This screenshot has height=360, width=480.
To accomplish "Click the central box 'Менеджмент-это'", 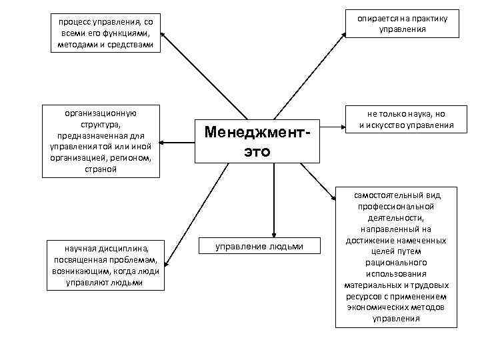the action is [x=258, y=141].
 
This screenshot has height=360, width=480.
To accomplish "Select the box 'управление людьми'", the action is [x=259, y=247].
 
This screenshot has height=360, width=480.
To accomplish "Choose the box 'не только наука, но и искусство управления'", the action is [x=406, y=119].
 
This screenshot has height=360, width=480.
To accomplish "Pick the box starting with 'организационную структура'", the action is [x=101, y=141].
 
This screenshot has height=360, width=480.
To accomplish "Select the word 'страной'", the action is [x=101, y=169].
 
